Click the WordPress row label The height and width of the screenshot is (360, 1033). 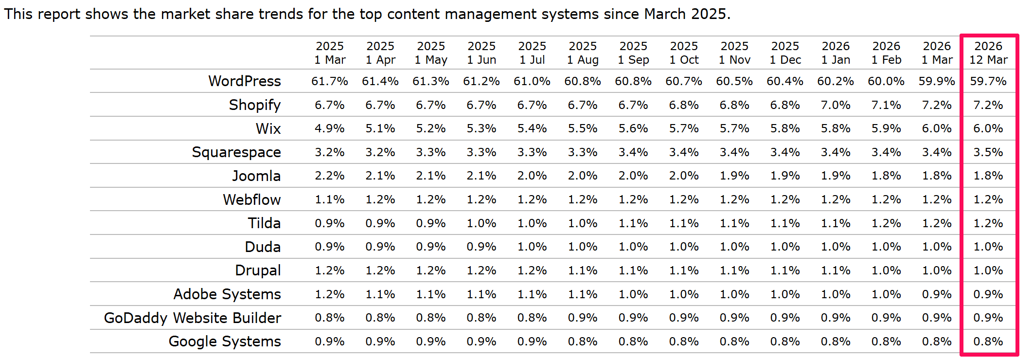[245, 81]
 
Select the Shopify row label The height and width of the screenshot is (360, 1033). [255, 105]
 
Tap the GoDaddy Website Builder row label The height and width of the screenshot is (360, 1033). [193, 318]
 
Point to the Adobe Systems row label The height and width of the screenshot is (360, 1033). [227, 294]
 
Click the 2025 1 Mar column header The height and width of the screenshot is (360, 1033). [330, 53]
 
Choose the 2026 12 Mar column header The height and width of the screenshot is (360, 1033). [988, 53]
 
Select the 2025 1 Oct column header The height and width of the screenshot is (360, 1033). [684, 53]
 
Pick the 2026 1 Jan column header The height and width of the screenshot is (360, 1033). [836, 53]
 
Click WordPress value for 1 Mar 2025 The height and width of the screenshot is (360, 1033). [330, 81]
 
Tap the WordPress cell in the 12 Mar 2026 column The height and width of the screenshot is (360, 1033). [988, 81]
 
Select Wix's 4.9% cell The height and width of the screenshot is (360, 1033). [330, 129]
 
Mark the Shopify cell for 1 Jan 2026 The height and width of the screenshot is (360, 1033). [836, 105]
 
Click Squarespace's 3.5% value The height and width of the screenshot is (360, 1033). [988, 152]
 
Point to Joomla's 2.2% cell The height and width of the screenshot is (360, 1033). [330, 176]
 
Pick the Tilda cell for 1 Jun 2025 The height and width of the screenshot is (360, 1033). [481, 223]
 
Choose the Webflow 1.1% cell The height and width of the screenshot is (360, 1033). [330, 199]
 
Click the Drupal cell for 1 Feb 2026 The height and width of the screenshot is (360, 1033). [886, 270]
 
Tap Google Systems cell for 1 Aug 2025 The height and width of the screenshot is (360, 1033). [583, 342]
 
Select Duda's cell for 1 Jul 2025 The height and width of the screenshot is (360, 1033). [532, 247]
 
